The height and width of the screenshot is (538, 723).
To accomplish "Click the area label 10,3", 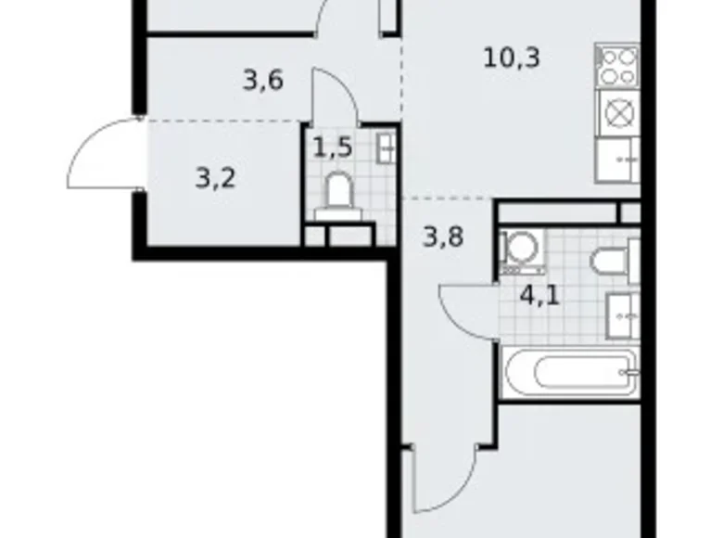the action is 512,58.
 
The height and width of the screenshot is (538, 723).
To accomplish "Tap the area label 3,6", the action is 263,81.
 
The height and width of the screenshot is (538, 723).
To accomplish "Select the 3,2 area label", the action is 215,179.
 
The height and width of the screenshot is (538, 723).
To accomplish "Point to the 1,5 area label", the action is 333,147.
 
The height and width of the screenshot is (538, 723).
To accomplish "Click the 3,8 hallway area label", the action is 443,237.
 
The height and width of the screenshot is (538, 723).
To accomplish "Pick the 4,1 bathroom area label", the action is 540,296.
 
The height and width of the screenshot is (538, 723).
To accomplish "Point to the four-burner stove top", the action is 616,66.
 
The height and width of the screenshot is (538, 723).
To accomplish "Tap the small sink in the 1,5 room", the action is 386,148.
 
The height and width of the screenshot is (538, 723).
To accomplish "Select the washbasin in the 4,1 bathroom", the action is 623,316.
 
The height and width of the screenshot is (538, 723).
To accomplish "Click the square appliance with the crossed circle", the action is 618,113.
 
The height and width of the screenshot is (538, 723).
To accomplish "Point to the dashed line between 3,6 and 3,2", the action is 224,121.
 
